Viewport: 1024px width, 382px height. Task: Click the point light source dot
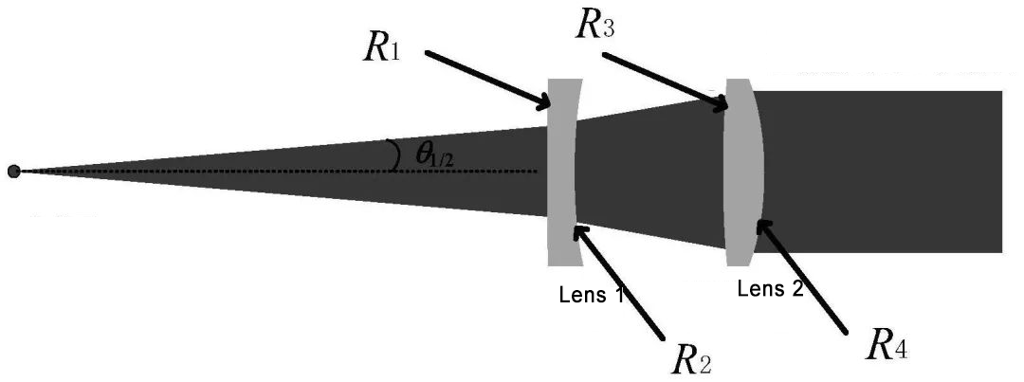pyautogui.click(x=13, y=171)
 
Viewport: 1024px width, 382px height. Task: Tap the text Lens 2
pyautogui.click(x=770, y=289)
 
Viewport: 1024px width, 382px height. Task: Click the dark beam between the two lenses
pyautogui.click(x=654, y=171)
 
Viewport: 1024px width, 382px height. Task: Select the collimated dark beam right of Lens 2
pyautogui.click(x=882, y=171)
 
